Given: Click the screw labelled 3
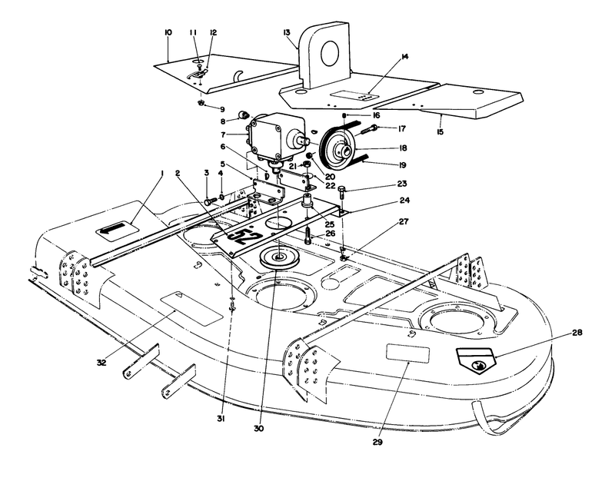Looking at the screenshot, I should click(x=209, y=200).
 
